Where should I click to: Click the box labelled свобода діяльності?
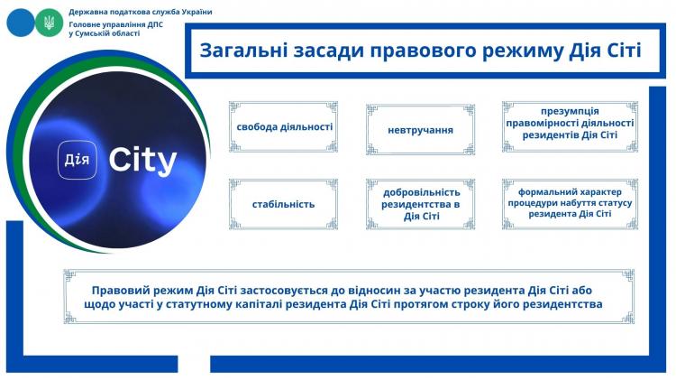coord(283,127)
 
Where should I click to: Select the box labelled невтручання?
coord(420,130)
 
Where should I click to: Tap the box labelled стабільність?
coord(283,204)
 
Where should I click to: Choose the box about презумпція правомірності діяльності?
coord(570,127)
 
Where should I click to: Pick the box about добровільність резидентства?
coord(420,204)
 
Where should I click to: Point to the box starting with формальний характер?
coord(570,204)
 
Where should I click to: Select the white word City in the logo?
coord(142,161)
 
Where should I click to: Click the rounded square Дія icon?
coord(78,160)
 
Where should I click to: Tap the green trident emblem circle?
coord(49,23)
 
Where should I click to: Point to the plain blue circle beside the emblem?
coord(20,23)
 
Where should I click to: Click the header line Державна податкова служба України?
coord(141,12)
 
